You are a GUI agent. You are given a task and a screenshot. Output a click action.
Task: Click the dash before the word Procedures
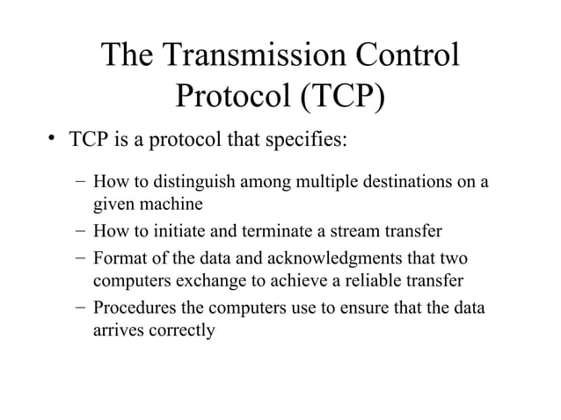tap(80, 308)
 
